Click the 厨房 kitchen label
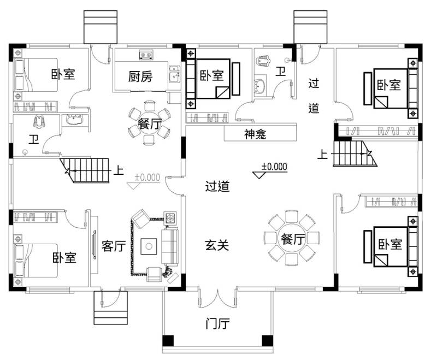pos(140,76)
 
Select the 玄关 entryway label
pos(217,245)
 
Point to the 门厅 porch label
pos(217,324)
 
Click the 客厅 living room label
pos(114,246)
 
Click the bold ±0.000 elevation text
pos(274,167)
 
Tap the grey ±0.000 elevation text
pos(147,177)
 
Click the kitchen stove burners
pos(146,54)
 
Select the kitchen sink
pos(174,75)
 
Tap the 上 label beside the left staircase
pos(119,170)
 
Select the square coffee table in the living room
pos(148,246)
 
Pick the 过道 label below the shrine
pos(217,187)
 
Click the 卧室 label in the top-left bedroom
pos(63,74)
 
